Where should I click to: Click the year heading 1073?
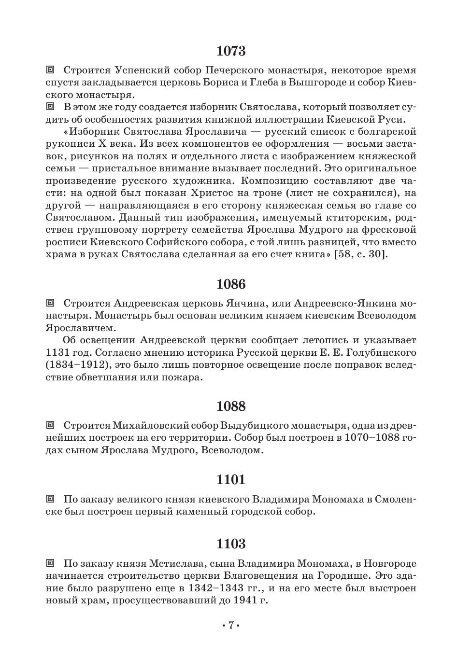pos(231,51)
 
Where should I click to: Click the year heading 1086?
pos(231,284)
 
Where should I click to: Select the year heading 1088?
pos(231,406)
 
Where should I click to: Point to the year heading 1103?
pos(231,544)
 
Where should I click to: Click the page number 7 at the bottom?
pos(231,626)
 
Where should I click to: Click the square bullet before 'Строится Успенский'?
pos(50,70)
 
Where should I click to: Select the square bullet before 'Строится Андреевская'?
pos(50,303)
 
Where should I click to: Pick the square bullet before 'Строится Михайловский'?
pos(50,425)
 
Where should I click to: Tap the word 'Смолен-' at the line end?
pos(395,499)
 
